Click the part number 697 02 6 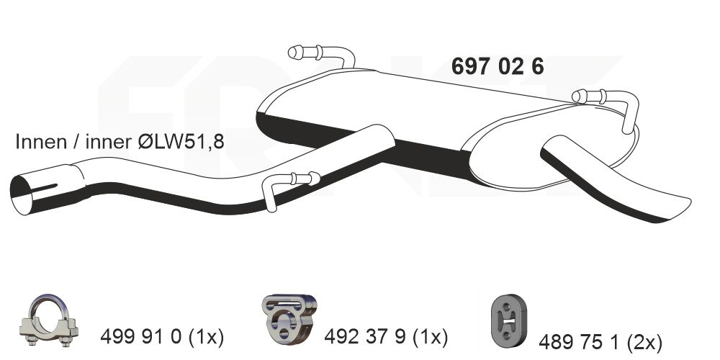[498, 66]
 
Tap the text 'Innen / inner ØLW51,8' [120, 141]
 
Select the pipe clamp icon [49, 320]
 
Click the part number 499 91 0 [140, 338]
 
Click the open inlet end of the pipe [21, 194]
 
